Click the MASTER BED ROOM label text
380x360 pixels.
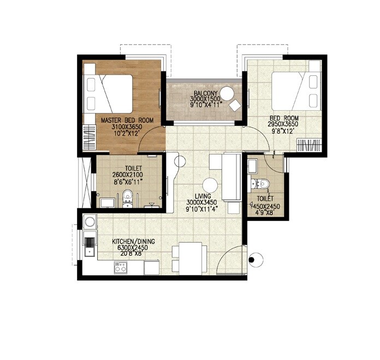tap(127, 120)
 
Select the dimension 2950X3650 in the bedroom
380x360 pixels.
tap(282, 124)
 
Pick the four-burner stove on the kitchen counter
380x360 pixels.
tap(120, 267)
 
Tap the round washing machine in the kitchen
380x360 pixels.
tap(90, 222)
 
